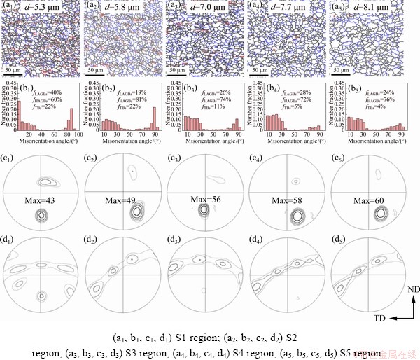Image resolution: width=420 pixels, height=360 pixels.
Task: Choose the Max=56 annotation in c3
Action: click(x=206, y=199)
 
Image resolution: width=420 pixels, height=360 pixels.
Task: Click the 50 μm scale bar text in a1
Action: click(x=15, y=71)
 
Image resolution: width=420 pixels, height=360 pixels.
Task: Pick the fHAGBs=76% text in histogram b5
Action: click(x=376, y=100)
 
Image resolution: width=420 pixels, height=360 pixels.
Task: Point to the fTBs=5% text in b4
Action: click(x=289, y=107)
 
